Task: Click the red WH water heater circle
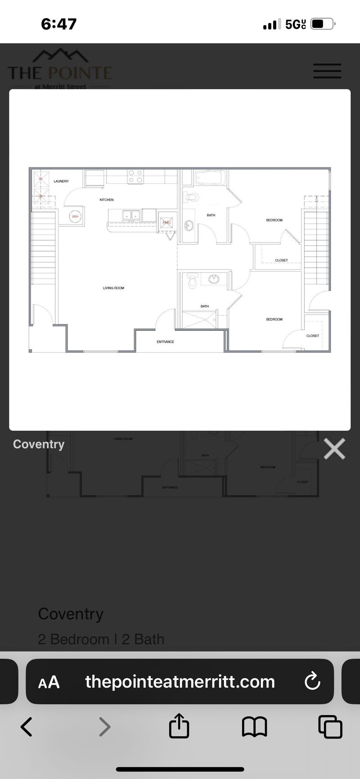75,216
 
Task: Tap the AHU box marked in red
166,222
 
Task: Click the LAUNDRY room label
61,181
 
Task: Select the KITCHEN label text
107,200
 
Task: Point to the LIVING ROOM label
113,288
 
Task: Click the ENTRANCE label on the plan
165,342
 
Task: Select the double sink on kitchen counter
131,216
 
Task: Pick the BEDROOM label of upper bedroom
274,220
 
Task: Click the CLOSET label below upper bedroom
281,261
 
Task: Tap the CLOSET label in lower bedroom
312,336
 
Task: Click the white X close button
334,449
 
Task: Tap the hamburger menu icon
327,71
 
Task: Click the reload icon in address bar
312,681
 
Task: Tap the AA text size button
49,682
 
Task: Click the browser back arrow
27,727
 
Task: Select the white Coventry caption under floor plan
39,444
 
